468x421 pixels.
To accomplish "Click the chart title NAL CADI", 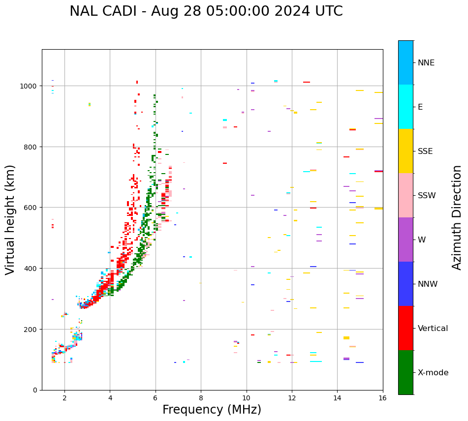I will click(206, 11).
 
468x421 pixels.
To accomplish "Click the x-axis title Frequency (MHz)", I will click(212, 410).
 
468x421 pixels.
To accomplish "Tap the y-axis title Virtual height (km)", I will click(10, 219).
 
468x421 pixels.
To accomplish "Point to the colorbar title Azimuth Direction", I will click(457, 217).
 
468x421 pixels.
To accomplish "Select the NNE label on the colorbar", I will click(433, 63).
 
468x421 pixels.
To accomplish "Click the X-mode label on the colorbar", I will click(433, 373).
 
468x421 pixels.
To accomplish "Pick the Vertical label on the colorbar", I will click(433, 329).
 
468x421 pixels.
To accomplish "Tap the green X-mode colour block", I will click(406, 372).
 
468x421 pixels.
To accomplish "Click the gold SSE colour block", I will click(406, 151).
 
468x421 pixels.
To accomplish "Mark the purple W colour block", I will click(406, 240).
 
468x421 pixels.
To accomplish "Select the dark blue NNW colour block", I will click(406, 284).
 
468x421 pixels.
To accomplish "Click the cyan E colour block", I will click(406, 107).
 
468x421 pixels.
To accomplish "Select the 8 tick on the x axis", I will click(201, 398).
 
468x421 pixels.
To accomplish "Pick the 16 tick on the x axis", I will click(382, 398).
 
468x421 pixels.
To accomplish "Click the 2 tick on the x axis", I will click(64, 398).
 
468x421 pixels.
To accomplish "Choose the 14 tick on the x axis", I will click(337, 398).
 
